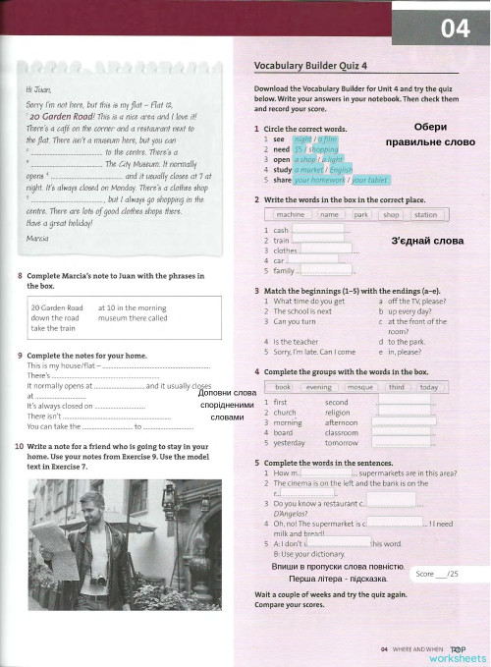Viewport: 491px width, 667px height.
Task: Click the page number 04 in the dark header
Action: coord(455,30)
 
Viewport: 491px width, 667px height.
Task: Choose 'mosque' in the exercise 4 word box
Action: coord(360,387)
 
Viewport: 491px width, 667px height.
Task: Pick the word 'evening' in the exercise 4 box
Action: coord(319,387)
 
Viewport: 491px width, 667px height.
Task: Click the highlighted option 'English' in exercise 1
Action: coord(341,169)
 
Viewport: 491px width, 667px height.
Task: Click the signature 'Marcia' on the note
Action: coord(37,239)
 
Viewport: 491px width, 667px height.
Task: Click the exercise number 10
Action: coord(20,446)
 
